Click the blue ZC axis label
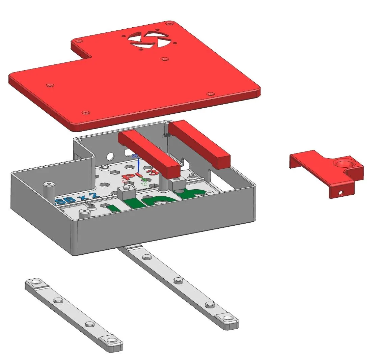click(x=135, y=156)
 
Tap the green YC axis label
click(x=143, y=184)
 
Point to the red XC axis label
click(x=124, y=182)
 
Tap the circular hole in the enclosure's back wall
click(x=110, y=156)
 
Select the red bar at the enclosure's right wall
click(x=199, y=143)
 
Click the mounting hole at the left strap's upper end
click(x=35, y=281)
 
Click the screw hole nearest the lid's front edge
click(x=86, y=112)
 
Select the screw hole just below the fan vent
click(x=164, y=59)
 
